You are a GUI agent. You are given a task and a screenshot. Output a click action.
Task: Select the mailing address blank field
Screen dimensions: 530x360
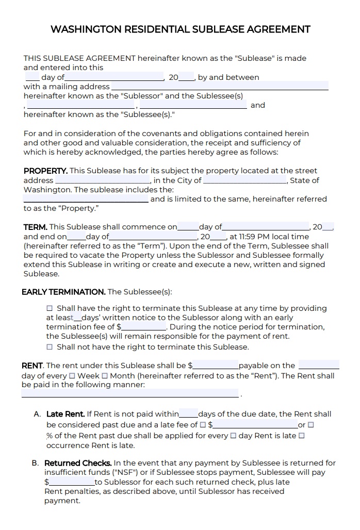coord(220,86)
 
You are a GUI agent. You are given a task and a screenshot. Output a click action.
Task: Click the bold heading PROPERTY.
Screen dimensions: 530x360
coord(45,171)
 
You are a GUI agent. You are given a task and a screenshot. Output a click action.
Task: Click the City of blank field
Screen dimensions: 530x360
coord(245,180)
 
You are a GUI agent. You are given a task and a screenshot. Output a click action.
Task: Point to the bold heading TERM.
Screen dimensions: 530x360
coord(36,227)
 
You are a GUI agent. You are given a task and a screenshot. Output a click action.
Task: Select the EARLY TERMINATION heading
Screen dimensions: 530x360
coord(63,292)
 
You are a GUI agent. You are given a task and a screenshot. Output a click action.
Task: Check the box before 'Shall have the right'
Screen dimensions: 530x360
coord(50,308)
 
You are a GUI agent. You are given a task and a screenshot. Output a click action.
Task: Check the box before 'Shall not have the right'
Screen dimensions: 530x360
coord(50,347)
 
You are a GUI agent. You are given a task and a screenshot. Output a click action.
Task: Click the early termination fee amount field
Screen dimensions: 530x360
coord(144,327)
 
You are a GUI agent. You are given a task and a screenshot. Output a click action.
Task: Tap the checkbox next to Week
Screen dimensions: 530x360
coord(72,376)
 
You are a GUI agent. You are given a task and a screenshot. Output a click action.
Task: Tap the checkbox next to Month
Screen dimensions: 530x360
coord(105,376)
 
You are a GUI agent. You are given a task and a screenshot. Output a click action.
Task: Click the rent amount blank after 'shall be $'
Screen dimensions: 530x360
coord(216,366)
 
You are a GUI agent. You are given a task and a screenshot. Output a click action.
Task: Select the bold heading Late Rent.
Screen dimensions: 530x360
coord(66,414)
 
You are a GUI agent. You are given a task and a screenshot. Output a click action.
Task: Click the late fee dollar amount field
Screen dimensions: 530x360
coord(255,425)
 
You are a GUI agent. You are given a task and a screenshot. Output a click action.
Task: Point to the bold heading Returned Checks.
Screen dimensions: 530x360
coord(78,463)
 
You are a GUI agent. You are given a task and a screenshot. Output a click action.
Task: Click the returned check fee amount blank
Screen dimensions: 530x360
coord(72,482)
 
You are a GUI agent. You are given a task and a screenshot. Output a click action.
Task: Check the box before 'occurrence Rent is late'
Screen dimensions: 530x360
coord(302,436)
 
